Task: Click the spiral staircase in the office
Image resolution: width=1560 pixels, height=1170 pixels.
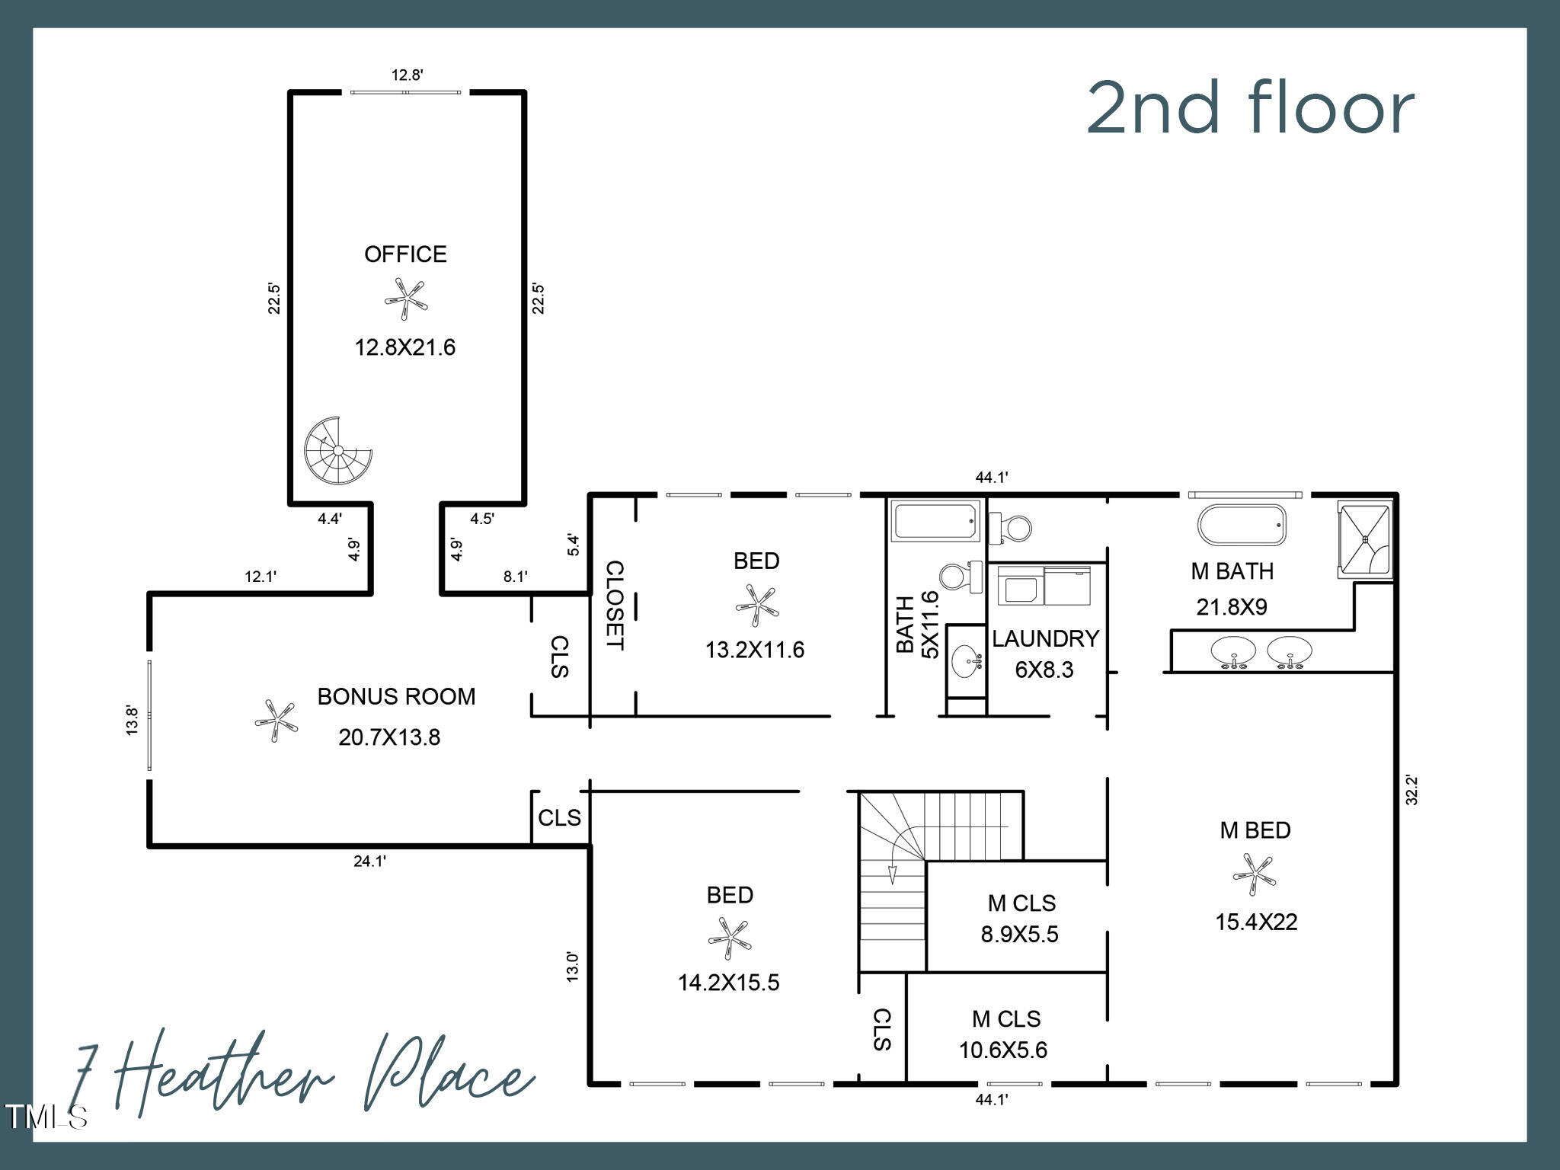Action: pos(337,450)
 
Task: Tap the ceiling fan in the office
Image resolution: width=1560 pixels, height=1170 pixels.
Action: pos(405,299)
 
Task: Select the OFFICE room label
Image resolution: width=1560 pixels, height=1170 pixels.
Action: pos(405,254)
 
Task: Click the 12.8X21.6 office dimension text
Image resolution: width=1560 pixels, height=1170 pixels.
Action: pos(404,348)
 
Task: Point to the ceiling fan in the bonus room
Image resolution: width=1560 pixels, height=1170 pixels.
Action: pos(276,721)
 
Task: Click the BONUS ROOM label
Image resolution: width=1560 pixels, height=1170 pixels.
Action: pos(396,696)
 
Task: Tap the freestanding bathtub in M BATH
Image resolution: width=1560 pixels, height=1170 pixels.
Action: pos(1242,525)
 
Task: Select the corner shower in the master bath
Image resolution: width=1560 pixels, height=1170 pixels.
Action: pos(1365,539)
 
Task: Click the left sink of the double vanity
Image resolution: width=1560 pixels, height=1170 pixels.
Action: pos(1232,652)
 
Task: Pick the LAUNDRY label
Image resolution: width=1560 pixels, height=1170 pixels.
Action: pos(1045,638)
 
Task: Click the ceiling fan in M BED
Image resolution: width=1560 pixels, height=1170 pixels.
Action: pos(1253,874)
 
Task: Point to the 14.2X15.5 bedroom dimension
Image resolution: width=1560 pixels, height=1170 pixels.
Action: pos(728,983)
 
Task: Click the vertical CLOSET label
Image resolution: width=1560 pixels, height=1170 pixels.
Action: pos(614,606)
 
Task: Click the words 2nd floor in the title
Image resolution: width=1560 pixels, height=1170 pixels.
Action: pos(1249,108)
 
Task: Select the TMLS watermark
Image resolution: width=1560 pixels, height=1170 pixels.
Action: pos(46,1117)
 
